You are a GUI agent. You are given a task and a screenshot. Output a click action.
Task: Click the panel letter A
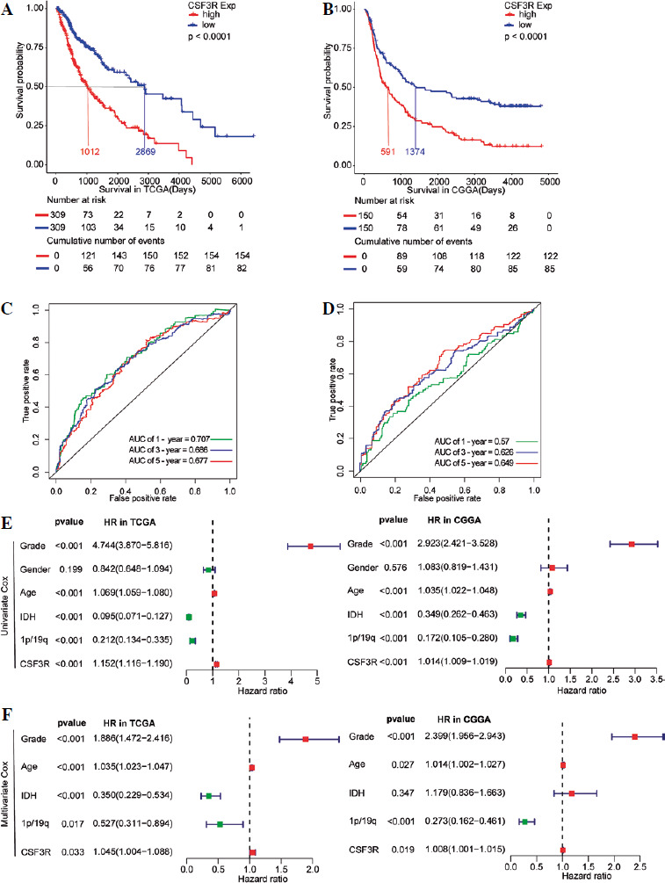coord(9,11)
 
